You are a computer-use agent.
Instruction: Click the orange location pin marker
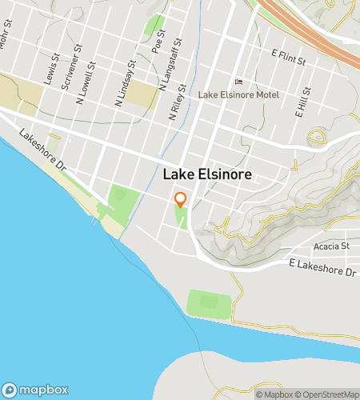[x=181, y=200]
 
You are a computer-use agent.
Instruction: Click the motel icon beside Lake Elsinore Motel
[x=237, y=82]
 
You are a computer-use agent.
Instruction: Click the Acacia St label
[x=334, y=246]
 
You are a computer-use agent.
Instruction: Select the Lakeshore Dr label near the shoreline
[x=41, y=149]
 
